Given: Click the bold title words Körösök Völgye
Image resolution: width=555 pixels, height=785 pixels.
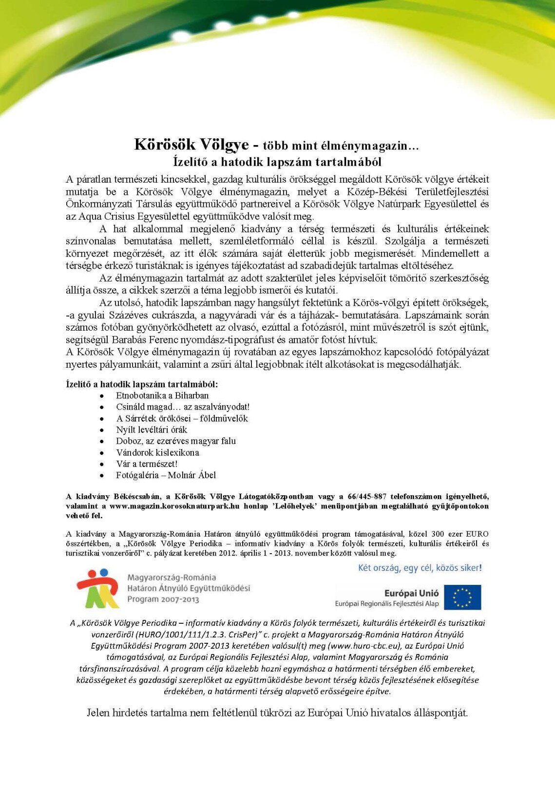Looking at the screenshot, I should click(191, 145).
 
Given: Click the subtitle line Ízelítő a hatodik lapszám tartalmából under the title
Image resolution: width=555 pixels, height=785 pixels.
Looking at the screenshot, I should click(277, 162).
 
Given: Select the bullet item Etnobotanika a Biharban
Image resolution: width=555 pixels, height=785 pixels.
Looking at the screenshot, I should click(162, 395).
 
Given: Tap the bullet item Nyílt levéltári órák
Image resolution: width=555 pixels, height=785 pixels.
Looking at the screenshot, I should click(152, 430).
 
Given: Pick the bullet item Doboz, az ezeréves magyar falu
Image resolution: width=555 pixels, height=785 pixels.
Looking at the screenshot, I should click(176, 441).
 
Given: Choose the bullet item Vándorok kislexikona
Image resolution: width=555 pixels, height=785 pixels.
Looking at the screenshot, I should click(157, 452).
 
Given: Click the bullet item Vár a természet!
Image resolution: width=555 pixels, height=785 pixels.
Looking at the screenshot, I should click(147, 464).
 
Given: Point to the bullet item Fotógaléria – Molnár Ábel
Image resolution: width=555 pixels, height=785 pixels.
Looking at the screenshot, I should click(166, 475).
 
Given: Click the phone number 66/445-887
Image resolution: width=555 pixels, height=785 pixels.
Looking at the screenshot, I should click(367, 496).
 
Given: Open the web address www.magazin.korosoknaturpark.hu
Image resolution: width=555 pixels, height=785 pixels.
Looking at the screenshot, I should click(174, 506).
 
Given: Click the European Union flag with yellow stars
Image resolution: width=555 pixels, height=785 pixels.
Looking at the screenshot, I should click(462, 597).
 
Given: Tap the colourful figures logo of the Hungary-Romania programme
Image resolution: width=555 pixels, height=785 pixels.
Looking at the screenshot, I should click(98, 588).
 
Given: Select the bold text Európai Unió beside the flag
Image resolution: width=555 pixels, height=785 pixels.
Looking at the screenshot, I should click(411, 593).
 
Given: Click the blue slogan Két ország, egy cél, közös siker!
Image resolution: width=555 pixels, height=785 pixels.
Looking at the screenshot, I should click(420, 568).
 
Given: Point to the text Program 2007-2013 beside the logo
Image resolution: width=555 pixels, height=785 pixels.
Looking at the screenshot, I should click(163, 599).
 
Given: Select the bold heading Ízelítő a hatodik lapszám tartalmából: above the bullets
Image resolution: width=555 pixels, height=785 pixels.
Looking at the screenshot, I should click(142, 384).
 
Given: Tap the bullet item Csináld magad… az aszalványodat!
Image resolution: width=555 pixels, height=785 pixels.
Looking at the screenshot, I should click(183, 407).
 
